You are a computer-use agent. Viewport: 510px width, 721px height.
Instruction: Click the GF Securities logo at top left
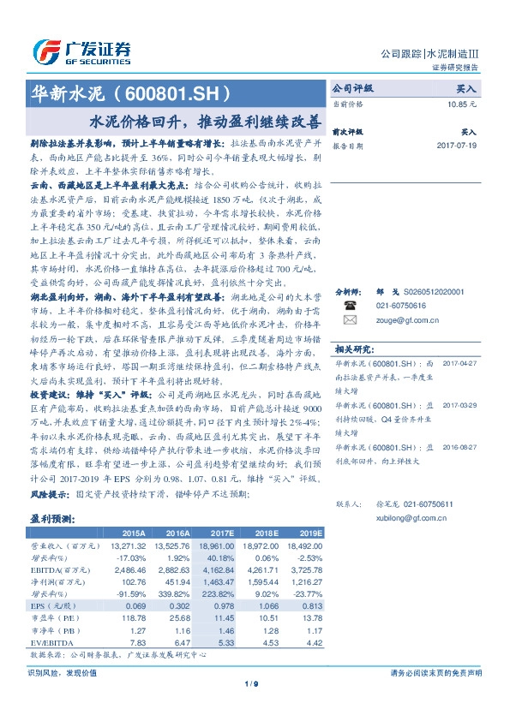81,49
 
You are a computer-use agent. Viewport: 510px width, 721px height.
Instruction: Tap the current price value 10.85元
460,103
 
